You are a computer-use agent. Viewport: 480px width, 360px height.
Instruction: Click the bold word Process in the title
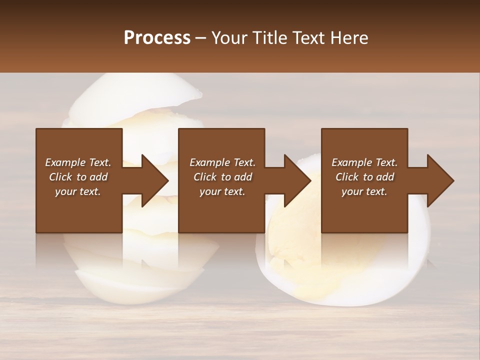coord(157,37)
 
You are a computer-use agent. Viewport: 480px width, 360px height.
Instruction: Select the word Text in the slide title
coord(311,37)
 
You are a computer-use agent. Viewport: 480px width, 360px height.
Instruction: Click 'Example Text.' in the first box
coord(78,162)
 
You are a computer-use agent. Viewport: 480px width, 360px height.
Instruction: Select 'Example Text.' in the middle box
coord(222,162)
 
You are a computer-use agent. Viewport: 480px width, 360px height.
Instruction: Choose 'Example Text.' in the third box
coord(364,162)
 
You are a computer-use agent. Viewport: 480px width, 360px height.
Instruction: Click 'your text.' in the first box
coord(78,191)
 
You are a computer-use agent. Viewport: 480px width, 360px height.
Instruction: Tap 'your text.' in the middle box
coord(222,191)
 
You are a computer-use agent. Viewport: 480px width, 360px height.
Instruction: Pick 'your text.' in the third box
coord(364,191)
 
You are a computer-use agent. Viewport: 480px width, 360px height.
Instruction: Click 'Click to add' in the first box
coord(78,177)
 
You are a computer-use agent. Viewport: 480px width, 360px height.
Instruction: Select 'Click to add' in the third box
coord(364,177)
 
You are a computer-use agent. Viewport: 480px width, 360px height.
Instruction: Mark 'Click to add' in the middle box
coord(222,177)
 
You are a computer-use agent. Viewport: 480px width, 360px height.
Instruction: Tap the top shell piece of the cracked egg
coord(135,92)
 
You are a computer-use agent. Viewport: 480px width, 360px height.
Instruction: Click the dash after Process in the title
coord(201,38)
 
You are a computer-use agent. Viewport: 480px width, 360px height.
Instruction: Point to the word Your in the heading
coord(228,37)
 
